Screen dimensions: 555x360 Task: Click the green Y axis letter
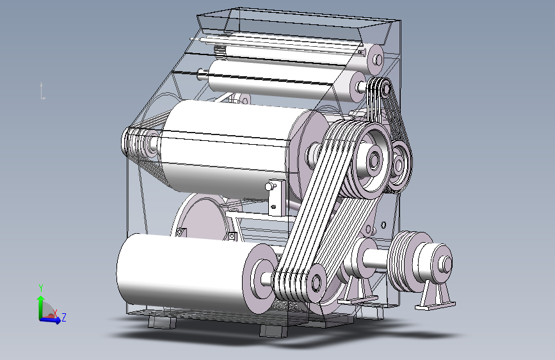(x=41, y=288)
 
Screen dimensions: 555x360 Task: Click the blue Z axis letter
(x=64, y=317)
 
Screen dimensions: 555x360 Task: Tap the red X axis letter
(x=55, y=313)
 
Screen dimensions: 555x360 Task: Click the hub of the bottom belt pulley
(x=316, y=282)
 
